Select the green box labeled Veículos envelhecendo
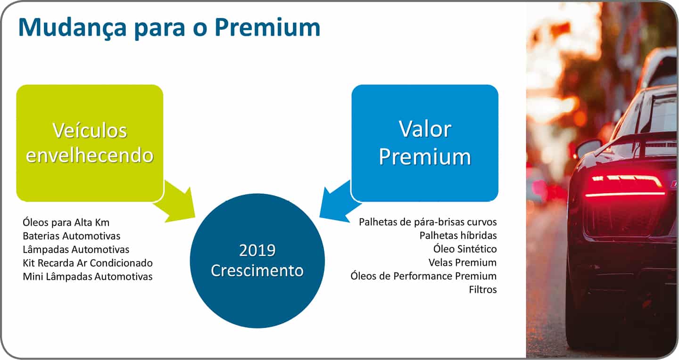pyautogui.click(x=90, y=143)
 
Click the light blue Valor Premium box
pyautogui.click(x=425, y=143)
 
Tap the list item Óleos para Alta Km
pyautogui.click(x=66, y=222)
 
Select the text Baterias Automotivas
pyautogui.click(x=71, y=236)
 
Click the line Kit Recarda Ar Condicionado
pyautogui.click(x=88, y=263)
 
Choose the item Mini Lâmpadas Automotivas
pyautogui.click(x=88, y=277)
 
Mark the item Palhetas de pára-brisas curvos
pyautogui.click(x=428, y=221)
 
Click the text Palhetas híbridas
pyautogui.click(x=458, y=235)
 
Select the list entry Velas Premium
pyautogui.click(x=462, y=262)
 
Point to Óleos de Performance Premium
pyautogui.click(x=423, y=276)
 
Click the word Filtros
pyautogui.click(x=482, y=290)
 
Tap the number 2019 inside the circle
pyautogui.click(x=257, y=250)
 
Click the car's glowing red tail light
pyautogui.click(x=625, y=186)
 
